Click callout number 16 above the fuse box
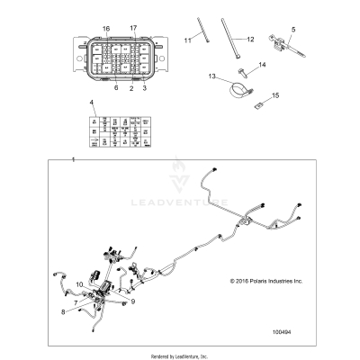tap(105, 29)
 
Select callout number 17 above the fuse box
tap(134, 29)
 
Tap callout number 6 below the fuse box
tap(115, 88)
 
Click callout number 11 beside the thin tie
tap(189, 40)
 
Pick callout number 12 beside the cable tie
tap(251, 38)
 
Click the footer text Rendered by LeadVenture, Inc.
tap(180, 353)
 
